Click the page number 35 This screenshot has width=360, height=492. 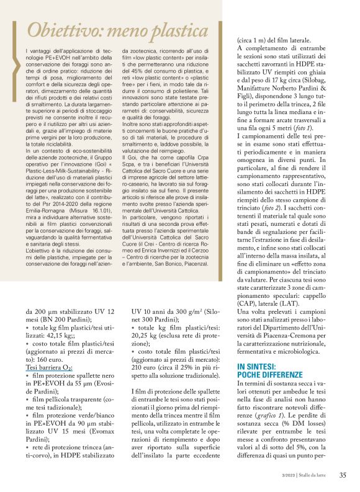click(x=343, y=476)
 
